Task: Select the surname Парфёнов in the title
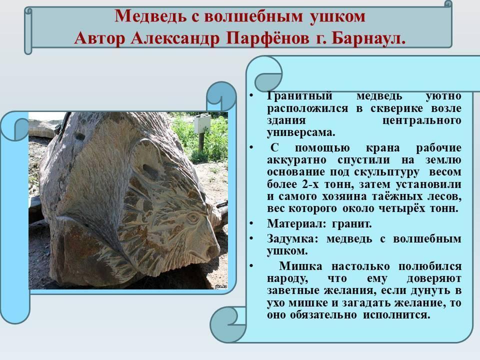pos(269,39)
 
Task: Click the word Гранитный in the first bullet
pos(299,96)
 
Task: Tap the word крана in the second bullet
pos(382,148)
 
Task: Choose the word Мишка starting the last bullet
pos(300,266)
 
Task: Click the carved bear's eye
pos(193,217)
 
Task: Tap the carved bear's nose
pos(212,251)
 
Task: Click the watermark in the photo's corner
pos(221,286)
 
